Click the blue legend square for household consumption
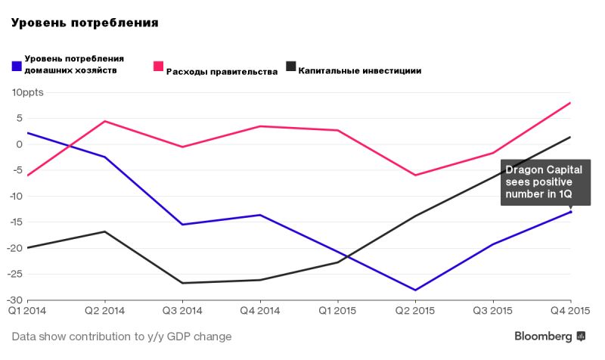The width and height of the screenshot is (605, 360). pyautogui.click(x=17, y=66)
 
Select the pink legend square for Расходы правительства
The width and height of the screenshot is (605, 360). pyautogui.click(x=159, y=66)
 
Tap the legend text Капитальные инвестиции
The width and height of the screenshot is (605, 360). pyautogui.click(x=359, y=71)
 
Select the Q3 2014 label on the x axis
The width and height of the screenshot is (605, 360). pyautogui.click(x=182, y=311)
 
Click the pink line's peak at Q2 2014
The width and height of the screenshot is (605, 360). pyautogui.click(x=104, y=121)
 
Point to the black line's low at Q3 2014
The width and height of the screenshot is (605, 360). pyautogui.click(x=182, y=283)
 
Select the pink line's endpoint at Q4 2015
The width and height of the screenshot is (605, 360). pyautogui.click(x=571, y=103)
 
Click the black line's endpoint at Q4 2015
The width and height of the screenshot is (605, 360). pyautogui.click(x=571, y=137)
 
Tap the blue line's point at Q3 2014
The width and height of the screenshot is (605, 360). pyautogui.click(x=182, y=225)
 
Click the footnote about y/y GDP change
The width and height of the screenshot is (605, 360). pyautogui.click(x=122, y=336)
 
